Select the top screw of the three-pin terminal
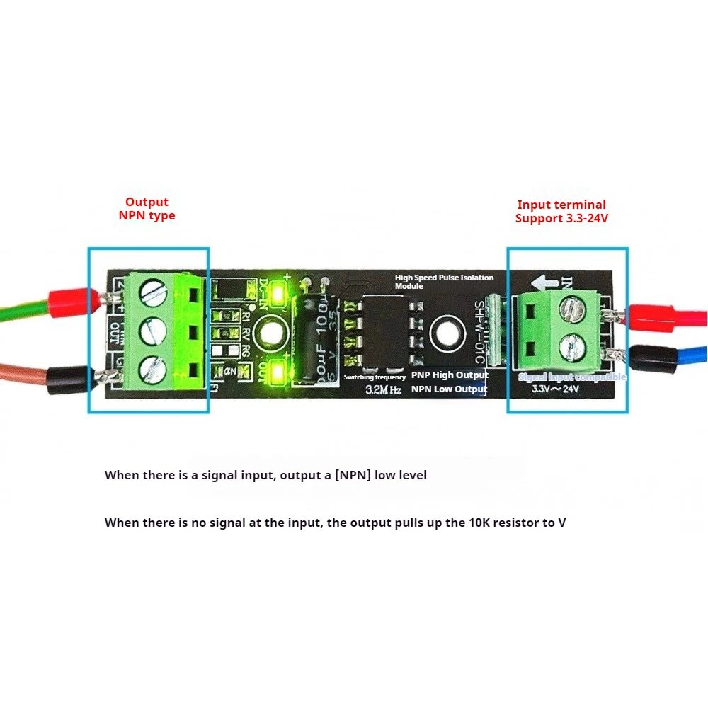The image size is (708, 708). coord(152,290)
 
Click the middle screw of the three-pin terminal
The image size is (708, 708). coord(152,329)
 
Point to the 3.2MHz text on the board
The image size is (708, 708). coord(383,390)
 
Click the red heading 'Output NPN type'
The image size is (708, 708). coord(147,209)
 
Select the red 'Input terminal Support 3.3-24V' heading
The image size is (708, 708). coord(561,212)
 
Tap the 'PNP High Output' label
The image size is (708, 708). coord(450,375)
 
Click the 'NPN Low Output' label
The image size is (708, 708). coord(450,389)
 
